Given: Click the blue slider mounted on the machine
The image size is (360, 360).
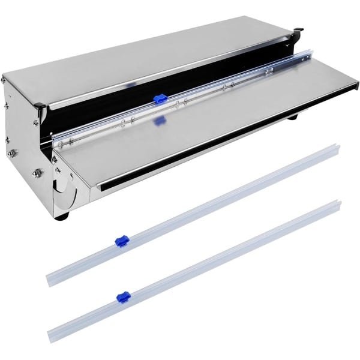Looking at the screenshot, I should tap(160, 98).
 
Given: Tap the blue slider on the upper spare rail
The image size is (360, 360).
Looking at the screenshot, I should tap(121, 241).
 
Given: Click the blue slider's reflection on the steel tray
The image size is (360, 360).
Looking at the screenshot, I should tap(160, 121).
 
